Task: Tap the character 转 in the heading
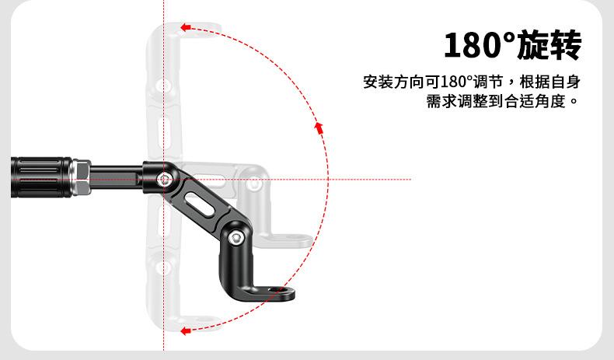pos(566,46)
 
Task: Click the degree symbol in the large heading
pos(510,37)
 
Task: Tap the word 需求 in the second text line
pos(441,101)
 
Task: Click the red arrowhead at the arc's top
pos(185,27)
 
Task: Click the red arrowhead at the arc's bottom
pos(185,330)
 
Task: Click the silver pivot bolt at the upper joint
pos(163,180)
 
